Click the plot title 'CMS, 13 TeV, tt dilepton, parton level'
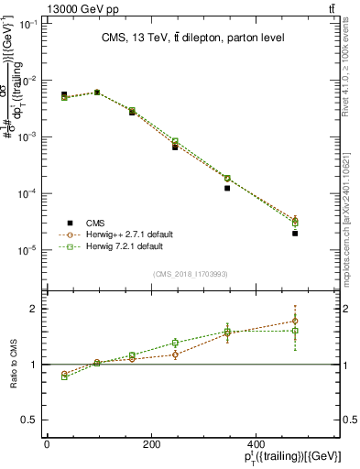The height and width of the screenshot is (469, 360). (192, 38)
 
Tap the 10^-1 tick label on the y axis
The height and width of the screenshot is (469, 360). (28, 24)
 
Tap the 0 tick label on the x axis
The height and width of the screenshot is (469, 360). (47, 445)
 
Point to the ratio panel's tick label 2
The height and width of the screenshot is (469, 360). (33, 309)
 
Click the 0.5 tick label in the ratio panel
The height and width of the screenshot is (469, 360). (29, 420)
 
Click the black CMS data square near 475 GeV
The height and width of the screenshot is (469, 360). (295, 234)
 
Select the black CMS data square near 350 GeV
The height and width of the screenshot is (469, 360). (226, 188)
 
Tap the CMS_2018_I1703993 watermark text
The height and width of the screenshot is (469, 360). (190, 273)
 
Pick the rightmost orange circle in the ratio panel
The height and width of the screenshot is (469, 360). (295, 321)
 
